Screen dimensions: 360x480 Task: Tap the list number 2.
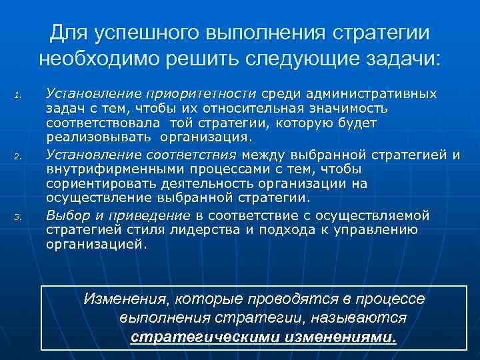click(x=19, y=157)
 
